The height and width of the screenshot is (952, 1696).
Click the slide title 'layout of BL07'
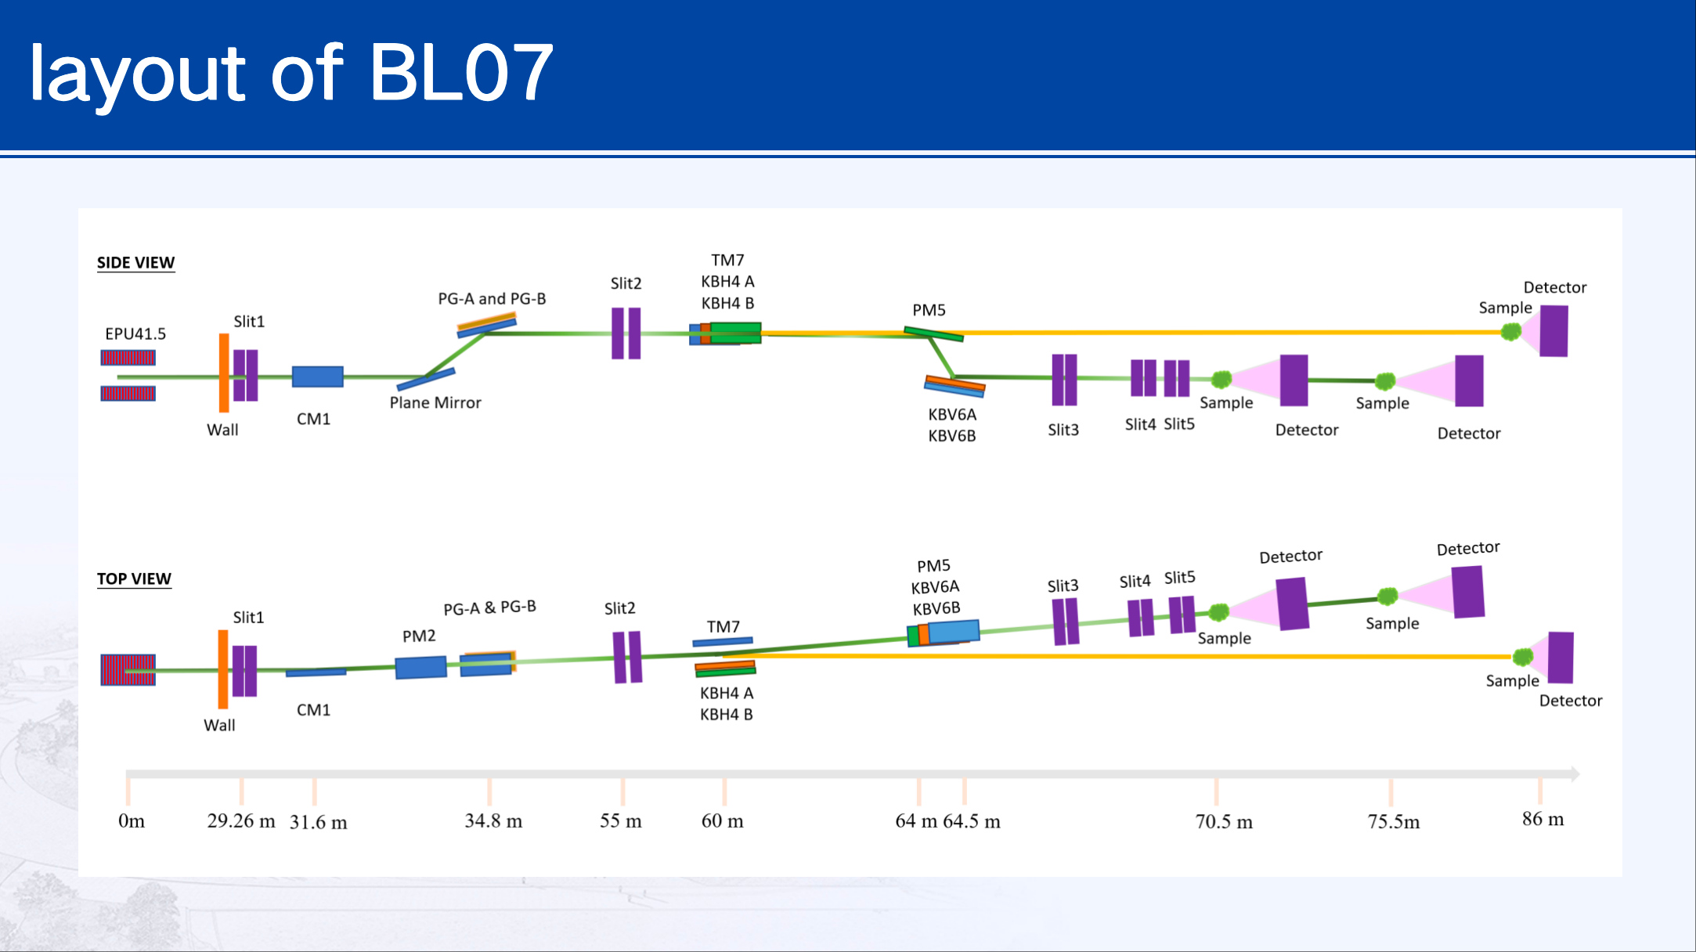click(x=291, y=73)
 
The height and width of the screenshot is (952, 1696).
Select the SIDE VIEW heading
click(x=135, y=263)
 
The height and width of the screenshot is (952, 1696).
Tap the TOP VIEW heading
click(x=134, y=579)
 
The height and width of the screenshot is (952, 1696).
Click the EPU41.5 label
click(x=135, y=334)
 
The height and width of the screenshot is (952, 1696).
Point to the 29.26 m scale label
click(x=240, y=821)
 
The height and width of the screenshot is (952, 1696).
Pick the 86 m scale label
click(x=1543, y=820)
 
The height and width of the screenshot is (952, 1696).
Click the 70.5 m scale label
click(x=1223, y=822)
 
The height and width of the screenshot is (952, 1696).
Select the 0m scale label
click(x=132, y=821)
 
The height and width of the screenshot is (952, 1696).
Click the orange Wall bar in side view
click(x=224, y=373)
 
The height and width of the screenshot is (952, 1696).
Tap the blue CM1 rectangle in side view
click(x=317, y=377)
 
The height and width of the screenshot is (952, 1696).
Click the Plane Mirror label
click(x=435, y=403)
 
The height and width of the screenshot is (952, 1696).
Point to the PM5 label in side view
click(x=929, y=311)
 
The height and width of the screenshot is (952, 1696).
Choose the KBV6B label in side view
click(x=952, y=436)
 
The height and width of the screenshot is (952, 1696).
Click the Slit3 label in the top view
click(x=1063, y=586)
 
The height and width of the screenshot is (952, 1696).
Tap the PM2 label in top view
click(x=419, y=636)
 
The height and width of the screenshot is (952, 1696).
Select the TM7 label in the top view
click(x=723, y=627)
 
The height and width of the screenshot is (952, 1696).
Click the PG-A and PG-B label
click(x=492, y=299)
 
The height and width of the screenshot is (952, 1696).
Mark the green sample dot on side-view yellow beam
click(x=1510, y=332)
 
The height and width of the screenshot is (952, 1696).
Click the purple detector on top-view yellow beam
click(x=1560, y=658)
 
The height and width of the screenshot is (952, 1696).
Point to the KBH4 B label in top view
click(x=726, y=715)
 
